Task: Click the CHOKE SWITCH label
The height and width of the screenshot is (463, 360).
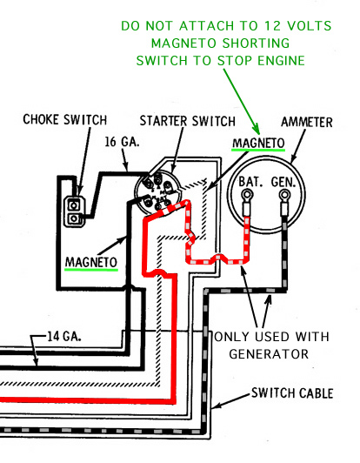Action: (x=65, y=119)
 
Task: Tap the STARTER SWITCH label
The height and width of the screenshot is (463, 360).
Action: (x=188, y=121)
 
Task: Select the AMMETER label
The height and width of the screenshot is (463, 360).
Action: (x=307, y=122)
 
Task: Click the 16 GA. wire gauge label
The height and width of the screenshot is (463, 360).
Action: (x=122, y=142)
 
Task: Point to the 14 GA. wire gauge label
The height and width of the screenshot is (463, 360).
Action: (x=64, y=336)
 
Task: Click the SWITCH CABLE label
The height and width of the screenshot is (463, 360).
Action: (x=292, y=393)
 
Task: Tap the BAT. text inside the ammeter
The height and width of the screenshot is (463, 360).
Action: (x=250, y=182)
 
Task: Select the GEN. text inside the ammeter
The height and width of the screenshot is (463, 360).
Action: (x=283, y=182)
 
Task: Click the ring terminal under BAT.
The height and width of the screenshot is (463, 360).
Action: (x=247, y=195)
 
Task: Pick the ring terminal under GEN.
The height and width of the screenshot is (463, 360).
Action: (x=284, y=195)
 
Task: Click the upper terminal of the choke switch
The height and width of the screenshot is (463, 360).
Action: (x=74, y=205)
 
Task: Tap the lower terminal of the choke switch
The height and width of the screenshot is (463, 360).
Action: (x=74, y=218)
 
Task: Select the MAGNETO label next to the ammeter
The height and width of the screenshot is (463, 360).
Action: (x=258, y=144)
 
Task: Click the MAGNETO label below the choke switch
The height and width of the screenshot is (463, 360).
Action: (x=91, y=262)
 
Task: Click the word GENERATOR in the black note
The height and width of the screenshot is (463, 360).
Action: (x=269, y=353)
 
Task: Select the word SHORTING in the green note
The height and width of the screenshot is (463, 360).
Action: (x=256, y=44)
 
